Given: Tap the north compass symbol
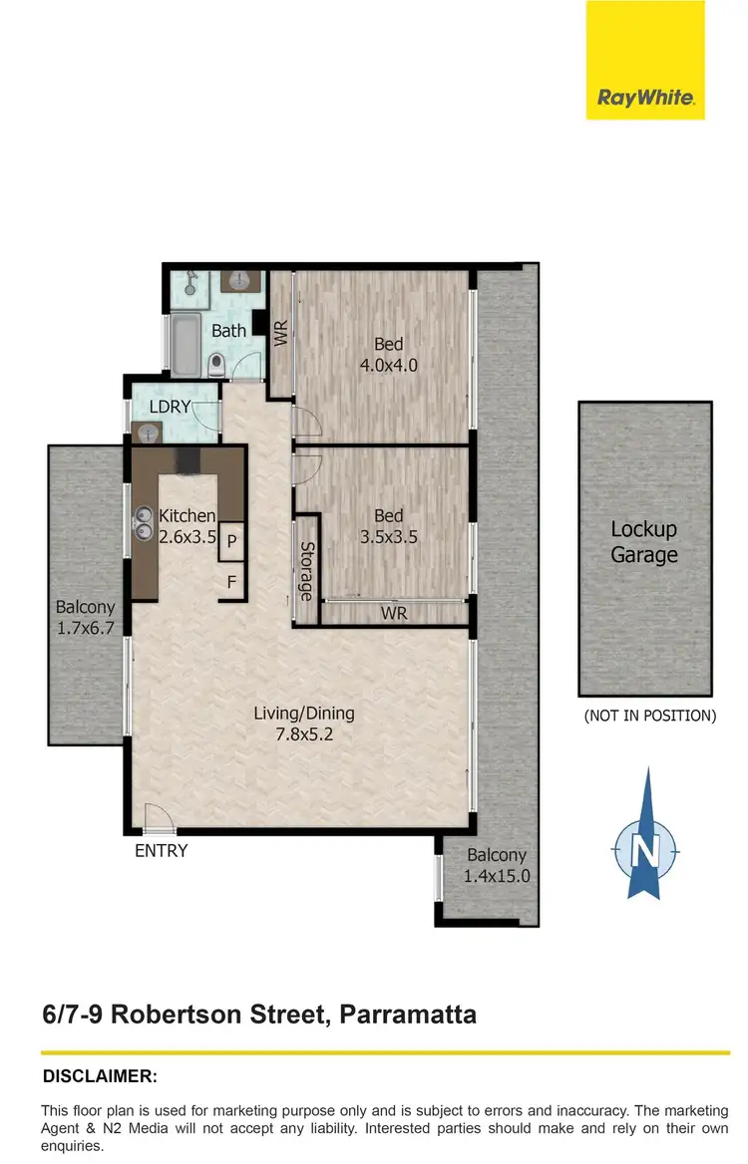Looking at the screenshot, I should point(645,850).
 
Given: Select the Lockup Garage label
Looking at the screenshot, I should point(644,542).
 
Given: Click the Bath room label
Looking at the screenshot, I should point(228,330).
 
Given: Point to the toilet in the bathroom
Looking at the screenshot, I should point(216,364).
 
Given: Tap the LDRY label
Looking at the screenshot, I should point(170,407).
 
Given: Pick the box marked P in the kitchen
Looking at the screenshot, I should point(231,541).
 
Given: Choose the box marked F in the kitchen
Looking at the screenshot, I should point(231,582).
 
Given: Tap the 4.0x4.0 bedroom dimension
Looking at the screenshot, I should point(388,365).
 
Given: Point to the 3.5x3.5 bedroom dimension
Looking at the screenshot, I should point(388,535).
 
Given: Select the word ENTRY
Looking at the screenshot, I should point(162,851).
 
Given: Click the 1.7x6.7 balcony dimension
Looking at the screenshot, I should point(85,628).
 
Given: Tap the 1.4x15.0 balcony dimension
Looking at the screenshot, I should point(497,877).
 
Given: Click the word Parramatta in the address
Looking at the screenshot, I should point(408,1015).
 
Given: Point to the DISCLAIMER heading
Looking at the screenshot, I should point(100,1076).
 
